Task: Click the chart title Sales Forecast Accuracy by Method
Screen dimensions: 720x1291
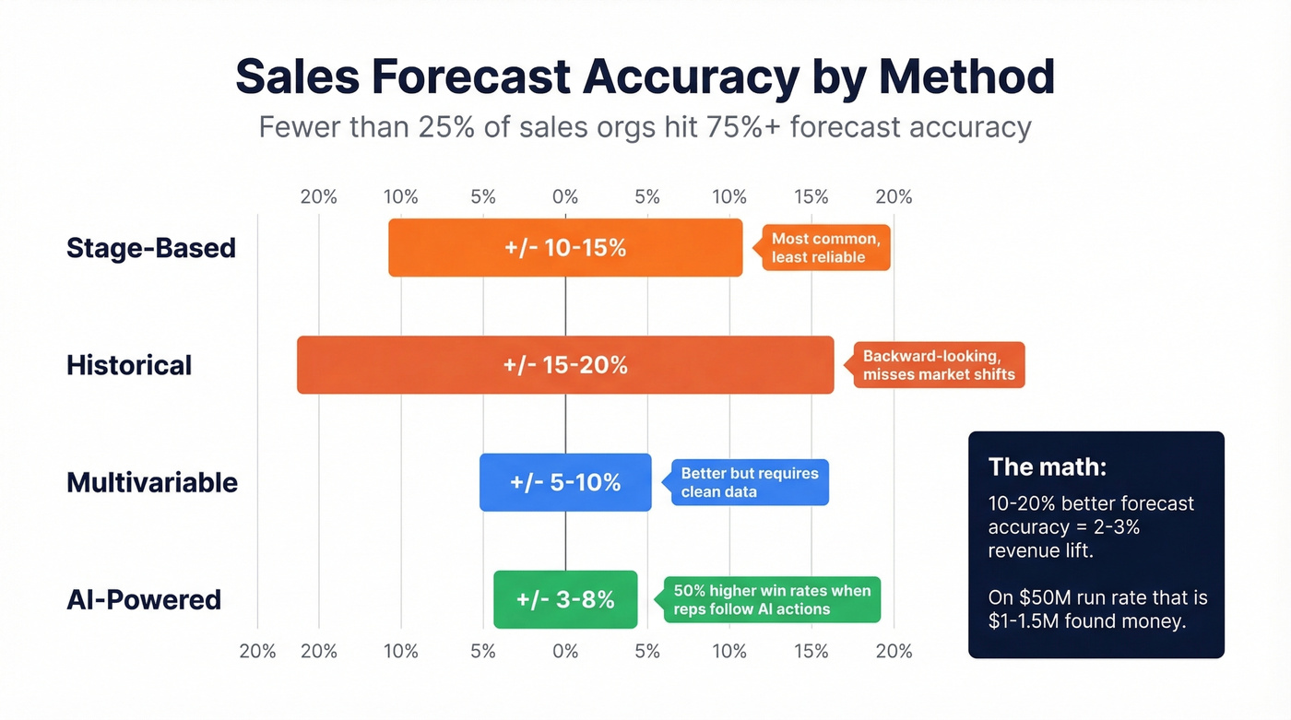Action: click(645, 77)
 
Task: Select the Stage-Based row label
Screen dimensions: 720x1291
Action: click(151, 248)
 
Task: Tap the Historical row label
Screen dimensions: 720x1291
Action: click(129, 365)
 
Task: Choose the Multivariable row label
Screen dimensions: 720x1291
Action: click(152, 482)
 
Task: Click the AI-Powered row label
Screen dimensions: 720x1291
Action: click(144, 599)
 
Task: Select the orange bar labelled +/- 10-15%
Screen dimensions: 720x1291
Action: click(565, 248)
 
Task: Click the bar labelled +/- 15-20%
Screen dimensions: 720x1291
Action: click(565, 365)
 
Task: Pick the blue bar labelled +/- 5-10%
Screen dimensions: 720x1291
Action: click(565, 482)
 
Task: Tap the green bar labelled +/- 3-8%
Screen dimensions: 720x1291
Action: click(565, 599)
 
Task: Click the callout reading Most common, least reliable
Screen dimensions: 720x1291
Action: click(825, 248)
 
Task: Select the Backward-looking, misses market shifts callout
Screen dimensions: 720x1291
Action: click(938, 365)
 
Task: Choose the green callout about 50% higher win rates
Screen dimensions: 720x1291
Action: click(772, 599)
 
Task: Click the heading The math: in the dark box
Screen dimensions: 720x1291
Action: click(1047, 466)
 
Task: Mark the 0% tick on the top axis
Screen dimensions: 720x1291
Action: click(565, 196)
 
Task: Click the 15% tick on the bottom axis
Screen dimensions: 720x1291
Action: click(811, 652)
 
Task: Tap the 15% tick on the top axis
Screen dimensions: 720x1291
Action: click(811, 196)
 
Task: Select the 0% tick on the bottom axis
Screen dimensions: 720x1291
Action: click(565, 652)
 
